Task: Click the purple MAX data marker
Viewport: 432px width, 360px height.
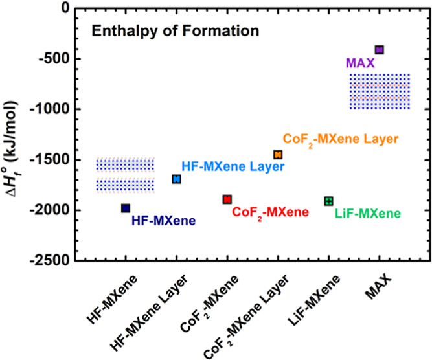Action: (x=380, y=50)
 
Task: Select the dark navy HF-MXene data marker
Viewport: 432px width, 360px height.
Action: (x=126, y=208)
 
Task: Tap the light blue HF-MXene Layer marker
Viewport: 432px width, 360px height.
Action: (x=176, y=179)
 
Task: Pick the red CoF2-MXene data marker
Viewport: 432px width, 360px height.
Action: (x=227, y=199)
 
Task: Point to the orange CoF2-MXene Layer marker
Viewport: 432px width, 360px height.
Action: (x=278, y=155)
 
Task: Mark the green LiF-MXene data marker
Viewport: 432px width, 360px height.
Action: (x=328, y=201)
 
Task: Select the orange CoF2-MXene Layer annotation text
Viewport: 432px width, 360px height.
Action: (x=339, y=139)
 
